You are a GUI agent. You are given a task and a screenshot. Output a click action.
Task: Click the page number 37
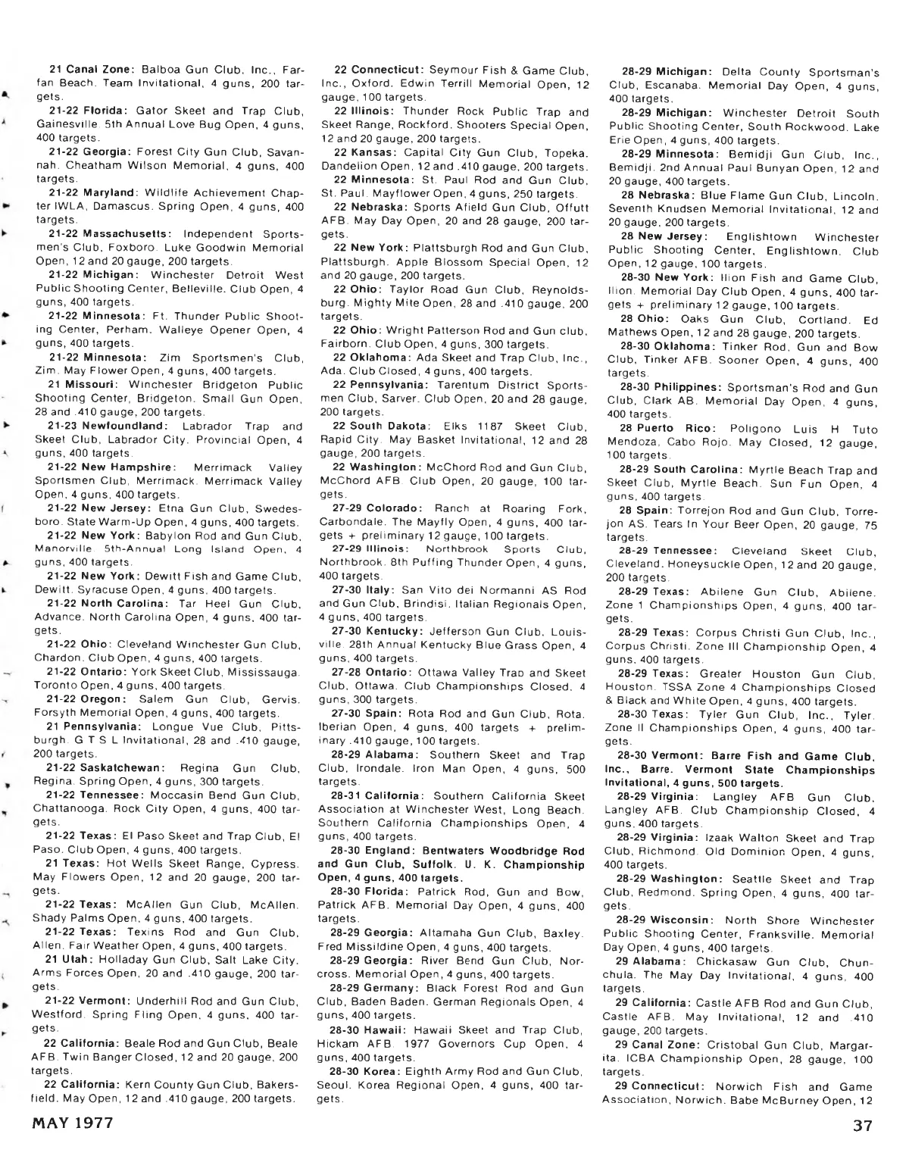click(862, 1125)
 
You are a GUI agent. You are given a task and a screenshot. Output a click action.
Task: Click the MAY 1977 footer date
click(72, 1123)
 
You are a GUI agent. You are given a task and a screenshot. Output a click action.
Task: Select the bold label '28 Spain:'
click(642, 510)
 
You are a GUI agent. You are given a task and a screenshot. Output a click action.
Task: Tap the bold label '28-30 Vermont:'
click(658, 756)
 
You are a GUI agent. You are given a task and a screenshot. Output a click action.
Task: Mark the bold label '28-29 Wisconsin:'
click(664, 920)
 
